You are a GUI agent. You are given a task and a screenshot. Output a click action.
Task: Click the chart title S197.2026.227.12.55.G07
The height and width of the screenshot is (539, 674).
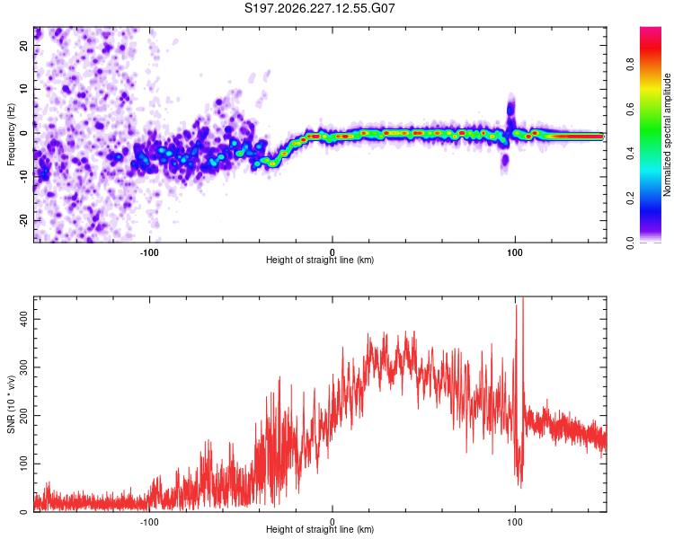pos(319,8)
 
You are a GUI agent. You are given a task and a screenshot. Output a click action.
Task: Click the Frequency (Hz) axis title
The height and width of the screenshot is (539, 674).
pos(11,135)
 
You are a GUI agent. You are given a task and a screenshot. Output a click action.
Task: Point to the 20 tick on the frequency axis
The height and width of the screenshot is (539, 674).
pos(23,45)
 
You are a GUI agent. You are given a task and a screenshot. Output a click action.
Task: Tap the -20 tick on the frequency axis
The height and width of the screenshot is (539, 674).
pos(23,220)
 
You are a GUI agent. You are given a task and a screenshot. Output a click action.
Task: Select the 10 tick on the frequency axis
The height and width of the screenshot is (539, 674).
pos(23,89)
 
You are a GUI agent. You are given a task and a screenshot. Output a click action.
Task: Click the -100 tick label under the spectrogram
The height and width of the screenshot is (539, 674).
pos(149,252)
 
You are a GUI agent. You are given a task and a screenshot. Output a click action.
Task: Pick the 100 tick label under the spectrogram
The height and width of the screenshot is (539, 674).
pos(515,252)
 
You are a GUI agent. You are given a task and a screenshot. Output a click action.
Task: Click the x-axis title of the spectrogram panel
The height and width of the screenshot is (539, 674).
pos(320,260)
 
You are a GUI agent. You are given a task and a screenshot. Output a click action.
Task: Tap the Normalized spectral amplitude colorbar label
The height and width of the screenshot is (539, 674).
pos(667,135)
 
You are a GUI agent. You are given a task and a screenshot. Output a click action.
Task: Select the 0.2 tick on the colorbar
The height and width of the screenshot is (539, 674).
pos(630,199)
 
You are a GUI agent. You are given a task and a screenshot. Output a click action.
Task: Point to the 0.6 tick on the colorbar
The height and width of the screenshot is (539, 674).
pos(630,110)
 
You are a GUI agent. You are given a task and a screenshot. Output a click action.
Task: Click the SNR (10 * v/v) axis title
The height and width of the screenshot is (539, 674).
pos(11,404)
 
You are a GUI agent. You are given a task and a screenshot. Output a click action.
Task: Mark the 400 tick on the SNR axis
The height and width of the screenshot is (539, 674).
pos(23,320)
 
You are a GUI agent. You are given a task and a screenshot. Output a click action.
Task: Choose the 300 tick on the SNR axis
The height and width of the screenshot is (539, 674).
pos(23,367)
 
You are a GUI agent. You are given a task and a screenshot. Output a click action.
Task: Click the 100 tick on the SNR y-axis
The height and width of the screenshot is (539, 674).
pos(23,464)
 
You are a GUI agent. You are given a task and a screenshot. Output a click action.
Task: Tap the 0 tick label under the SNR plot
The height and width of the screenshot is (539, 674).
pos(333,522)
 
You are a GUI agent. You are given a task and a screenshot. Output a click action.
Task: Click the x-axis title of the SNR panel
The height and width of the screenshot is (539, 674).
pos(320,529)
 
